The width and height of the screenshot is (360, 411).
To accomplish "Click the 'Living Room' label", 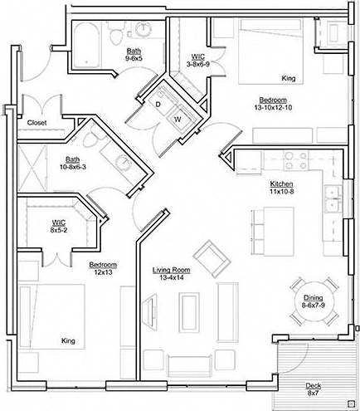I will [x=172, y=270].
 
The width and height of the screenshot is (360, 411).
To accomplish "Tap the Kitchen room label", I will [x=282, y=183].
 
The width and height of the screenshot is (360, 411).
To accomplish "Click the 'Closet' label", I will [x=37, y=123].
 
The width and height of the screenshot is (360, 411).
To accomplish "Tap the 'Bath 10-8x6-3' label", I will [x=73, y=164].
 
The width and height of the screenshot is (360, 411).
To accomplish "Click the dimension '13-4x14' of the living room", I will [x=172, y=279].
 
